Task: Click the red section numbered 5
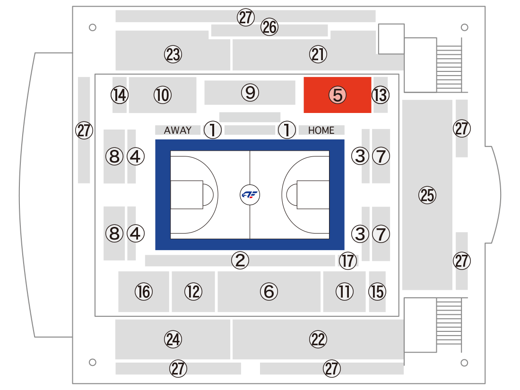pyautogui.click(x=337, y=95)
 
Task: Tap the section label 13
pyautogui.click(x=380, y=95)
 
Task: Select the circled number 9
pyautogui.click(x=250, y=93)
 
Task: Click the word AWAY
pyautogui.click(x=178, y=130)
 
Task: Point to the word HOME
pyautogui.click(x=321, y=130)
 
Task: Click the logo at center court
pyautogui.click(x=250, y=195)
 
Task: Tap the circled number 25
pyautogui.click(x=427, y=195)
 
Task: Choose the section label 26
pyautogui.click(x=269, y=27)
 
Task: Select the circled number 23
pyautogui.click(x=173, y=54)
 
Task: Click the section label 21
pyautogui.click(x=318, y=54)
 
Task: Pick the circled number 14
pyautogui.click(x=120, y=95)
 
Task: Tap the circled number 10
pyautogui.click(x=163, y=95)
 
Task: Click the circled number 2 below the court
pyautogui.click(x=240, y=260)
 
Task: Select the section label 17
pyautogui.click(x=348, y=260)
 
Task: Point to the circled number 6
pyautogui.click(x=269, y=292)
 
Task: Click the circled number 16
pyautogui.click(x=144, y=292)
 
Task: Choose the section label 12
pyautogui.click(x=193, y=292)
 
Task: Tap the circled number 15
pyautogui.click(x=377, y=292)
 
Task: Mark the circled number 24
pyautogui.click(x=173, y=339)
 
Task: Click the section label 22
pyautogui.click(x=318, y=339)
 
